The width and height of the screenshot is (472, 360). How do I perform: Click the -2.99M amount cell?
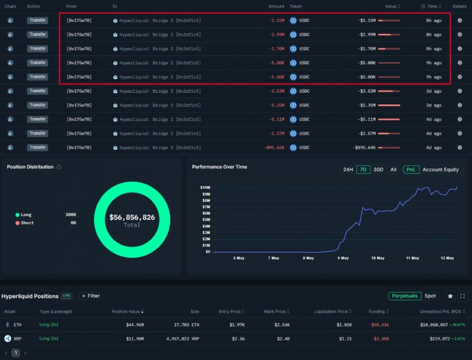pyautogui.click(x=276, y=34)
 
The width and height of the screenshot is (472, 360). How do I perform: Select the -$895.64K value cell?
pyautogui.click(x=364, y=148)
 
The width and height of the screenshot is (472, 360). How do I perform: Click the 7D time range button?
pyautogui.click(x=363, y=169)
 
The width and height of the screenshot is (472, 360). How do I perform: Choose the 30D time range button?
pyautogui.click(x=378, y=169)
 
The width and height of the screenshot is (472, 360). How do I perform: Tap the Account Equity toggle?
pyautogui.click(x=440, y=169)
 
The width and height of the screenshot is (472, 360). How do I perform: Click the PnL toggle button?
pyautogui.click(x=411, y=169)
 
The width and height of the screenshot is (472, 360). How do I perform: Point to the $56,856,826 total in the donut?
pyautogui.click(x=132, y=218)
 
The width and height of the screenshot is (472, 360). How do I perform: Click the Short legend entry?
pyautogui.click(x=28, y=223)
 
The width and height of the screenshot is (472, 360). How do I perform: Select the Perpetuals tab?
pyautogui.click(x=405, y=296)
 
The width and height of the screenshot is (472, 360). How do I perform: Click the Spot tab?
pyautogui.click(x=431, y=296)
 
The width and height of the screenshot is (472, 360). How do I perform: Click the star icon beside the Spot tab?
pyautogui.click(x=450, y=296)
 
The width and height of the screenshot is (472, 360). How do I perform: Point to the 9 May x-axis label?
pyautogui.click(x=342, y=258)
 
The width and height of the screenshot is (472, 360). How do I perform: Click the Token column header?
pyautogui.click(x=296, y=6)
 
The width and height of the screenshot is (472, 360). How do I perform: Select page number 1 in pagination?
pyautogui.click(x=16, y=352)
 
